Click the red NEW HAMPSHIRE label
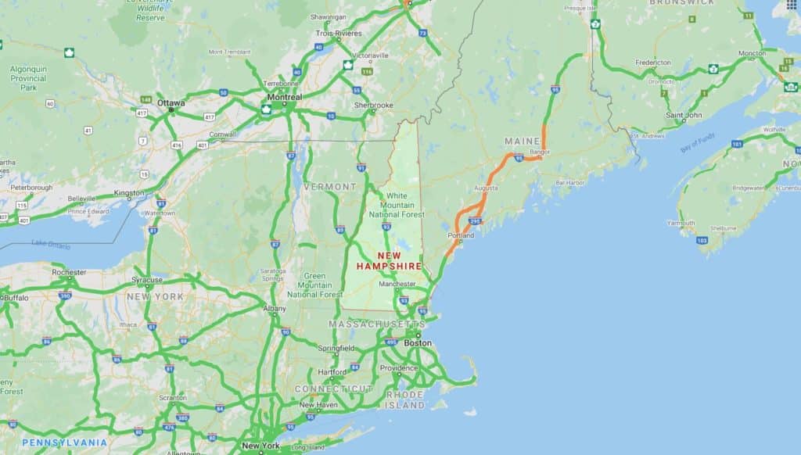pos(389,261)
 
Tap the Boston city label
pos(418,342)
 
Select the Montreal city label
pos(284,97)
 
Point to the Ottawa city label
pos(171,102)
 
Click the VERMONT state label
pos(329,187)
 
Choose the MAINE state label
pos(523,141)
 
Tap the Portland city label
pos(461,235)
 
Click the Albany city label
pos(275,309)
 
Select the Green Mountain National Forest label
pos(314,285)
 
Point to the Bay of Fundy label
pos(699,143)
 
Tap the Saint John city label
pos(683,116)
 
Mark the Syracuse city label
pos(147,279)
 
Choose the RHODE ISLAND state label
pos(405,400)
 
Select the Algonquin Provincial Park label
pos(29,78)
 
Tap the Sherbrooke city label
pos(374,105)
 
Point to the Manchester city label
pos(397,284)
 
